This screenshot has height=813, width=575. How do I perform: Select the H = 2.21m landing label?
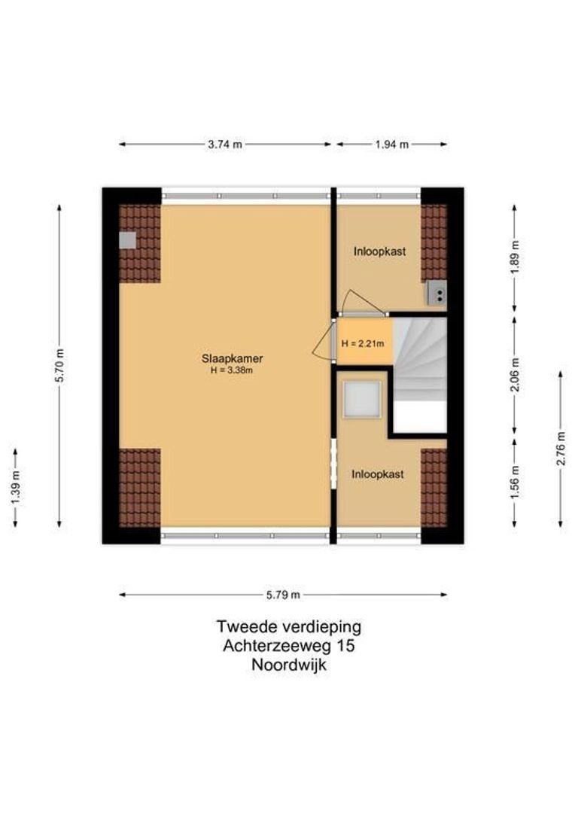pos(365,343)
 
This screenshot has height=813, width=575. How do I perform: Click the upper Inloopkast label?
pos(380,251)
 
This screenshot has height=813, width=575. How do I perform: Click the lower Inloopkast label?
pos(378,474)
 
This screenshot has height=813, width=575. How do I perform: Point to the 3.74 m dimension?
pos(225,145)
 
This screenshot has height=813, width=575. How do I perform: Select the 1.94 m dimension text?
pos(391,145)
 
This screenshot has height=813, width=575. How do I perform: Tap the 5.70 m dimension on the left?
pos(59,365)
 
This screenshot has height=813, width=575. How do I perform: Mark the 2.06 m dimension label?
pos(514,377)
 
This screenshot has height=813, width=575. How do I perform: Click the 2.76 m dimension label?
pos(560,449)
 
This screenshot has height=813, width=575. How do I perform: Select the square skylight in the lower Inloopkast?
pos(363,400)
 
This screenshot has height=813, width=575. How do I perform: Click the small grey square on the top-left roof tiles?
pos(128,240)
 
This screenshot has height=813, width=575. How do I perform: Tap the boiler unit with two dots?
pos(437,293)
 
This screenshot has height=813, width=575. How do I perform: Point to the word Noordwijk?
pos(288,665)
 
